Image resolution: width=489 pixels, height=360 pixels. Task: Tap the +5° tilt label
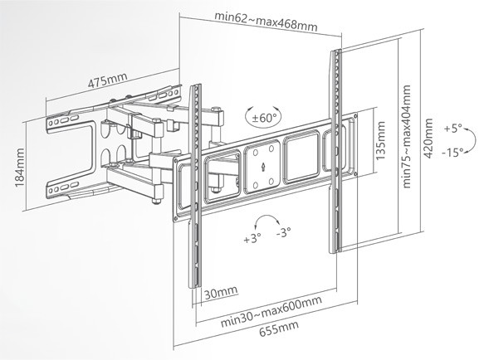tap(453, 129)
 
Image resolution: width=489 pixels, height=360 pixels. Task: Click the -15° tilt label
tap(452, 152)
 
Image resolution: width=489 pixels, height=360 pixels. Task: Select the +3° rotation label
tap(252, 240)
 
